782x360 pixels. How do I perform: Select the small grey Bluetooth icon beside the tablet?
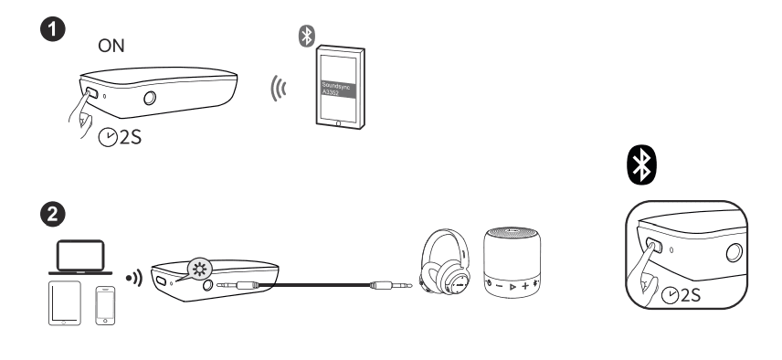click(306, 37)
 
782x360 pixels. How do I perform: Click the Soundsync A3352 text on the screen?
click(335, 87)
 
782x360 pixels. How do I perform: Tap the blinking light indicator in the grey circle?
click(196, 267)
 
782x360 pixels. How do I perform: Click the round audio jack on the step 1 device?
click(150, 98)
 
